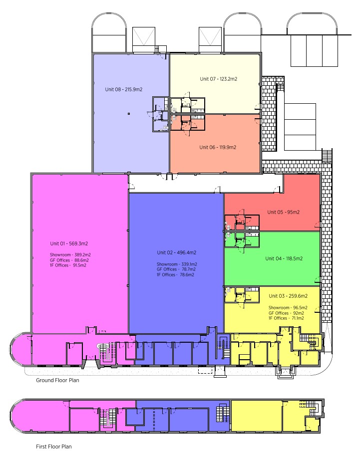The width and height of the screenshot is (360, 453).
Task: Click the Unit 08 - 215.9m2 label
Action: click(x=123, y=89)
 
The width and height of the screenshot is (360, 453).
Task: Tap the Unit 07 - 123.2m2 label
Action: click(x=218, y=79)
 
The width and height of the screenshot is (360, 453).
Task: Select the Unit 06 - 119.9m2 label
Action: click(x=218, y=147)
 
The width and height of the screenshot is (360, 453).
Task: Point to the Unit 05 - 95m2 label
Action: click(x=284, y=212)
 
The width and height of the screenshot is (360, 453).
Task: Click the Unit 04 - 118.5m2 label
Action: click(x=284, y=258)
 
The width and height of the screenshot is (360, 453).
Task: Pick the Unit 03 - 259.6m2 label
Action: click(x=288, y=296)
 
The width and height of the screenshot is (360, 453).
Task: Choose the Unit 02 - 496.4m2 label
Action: click(x=176, y=252)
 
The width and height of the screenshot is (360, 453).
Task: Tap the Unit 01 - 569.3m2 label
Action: click(x=69, y=243)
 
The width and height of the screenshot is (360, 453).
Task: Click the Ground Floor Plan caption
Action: click(x=57, y=380)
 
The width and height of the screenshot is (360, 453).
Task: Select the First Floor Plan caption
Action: click(x=54, y=447)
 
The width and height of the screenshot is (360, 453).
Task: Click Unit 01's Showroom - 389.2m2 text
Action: click(x=70, y=255)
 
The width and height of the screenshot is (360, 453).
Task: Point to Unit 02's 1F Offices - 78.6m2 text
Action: click(x=176, y=275)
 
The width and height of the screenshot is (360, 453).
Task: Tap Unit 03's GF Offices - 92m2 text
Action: click(x=286, y=313)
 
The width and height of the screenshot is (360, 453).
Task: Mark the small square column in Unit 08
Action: click(x=129, y=114)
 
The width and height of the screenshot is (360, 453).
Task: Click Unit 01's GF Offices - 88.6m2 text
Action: click(x=69, y=260)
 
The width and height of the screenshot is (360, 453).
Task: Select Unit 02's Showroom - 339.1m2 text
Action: click(x=177, y=264)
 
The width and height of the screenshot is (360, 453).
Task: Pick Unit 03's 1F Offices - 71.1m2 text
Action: click(x=286, y=318)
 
